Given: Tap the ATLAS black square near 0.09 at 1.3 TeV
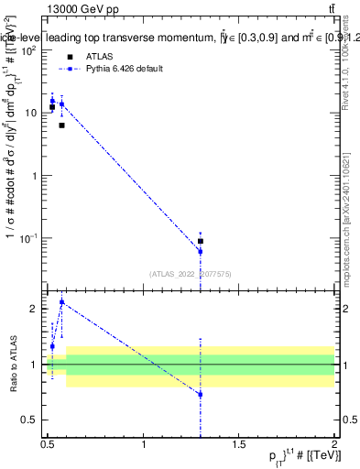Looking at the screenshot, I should point(200,241).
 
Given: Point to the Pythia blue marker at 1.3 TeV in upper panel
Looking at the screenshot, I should point(200,251).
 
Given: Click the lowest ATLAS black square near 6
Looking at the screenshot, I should point(61,125).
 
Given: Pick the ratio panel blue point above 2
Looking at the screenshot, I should point(61,301).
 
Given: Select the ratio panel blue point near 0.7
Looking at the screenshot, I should point(200,394).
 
